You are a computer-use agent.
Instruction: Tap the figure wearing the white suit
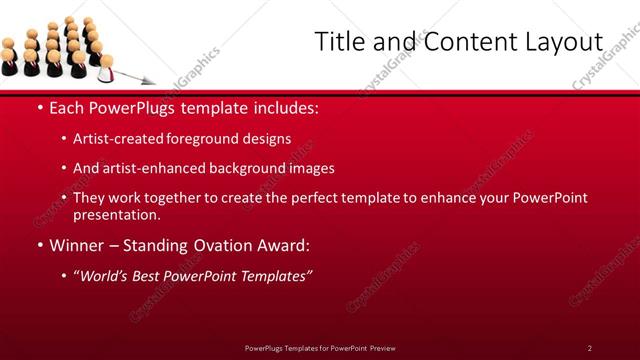tap(106, 67)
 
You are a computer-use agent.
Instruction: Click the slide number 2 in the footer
tap(590, 348)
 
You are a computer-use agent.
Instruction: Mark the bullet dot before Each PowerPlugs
tap(39, 108)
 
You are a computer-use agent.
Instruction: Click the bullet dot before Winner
tap(39, 245)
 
